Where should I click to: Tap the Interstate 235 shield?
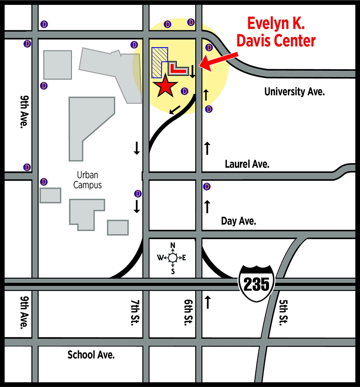(x=256, y=283)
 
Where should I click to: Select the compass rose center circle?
(x=172, y=258)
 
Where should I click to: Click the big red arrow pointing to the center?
(x=218, y=60)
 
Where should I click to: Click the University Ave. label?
(x=294, y=92)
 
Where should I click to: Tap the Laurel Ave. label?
(x=247, y=164)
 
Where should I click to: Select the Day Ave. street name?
(x=238, y=221)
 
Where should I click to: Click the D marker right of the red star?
(x=184, y=91)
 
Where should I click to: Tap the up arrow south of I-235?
(x=207, y=302)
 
